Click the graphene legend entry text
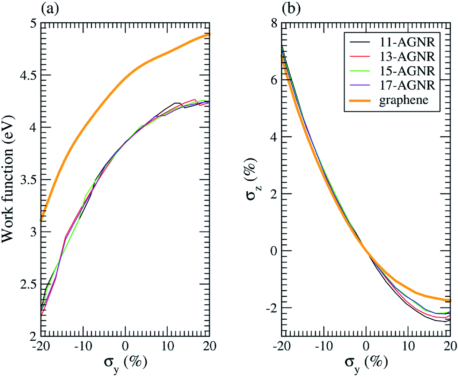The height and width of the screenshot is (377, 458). coord(404,100)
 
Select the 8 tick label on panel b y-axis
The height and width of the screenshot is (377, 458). coord(274,23)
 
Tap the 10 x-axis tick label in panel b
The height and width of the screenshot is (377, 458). coord(408,346)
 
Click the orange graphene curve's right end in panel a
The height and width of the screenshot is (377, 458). coord(209,35)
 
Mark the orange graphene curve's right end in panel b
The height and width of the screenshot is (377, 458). coord(450,300)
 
